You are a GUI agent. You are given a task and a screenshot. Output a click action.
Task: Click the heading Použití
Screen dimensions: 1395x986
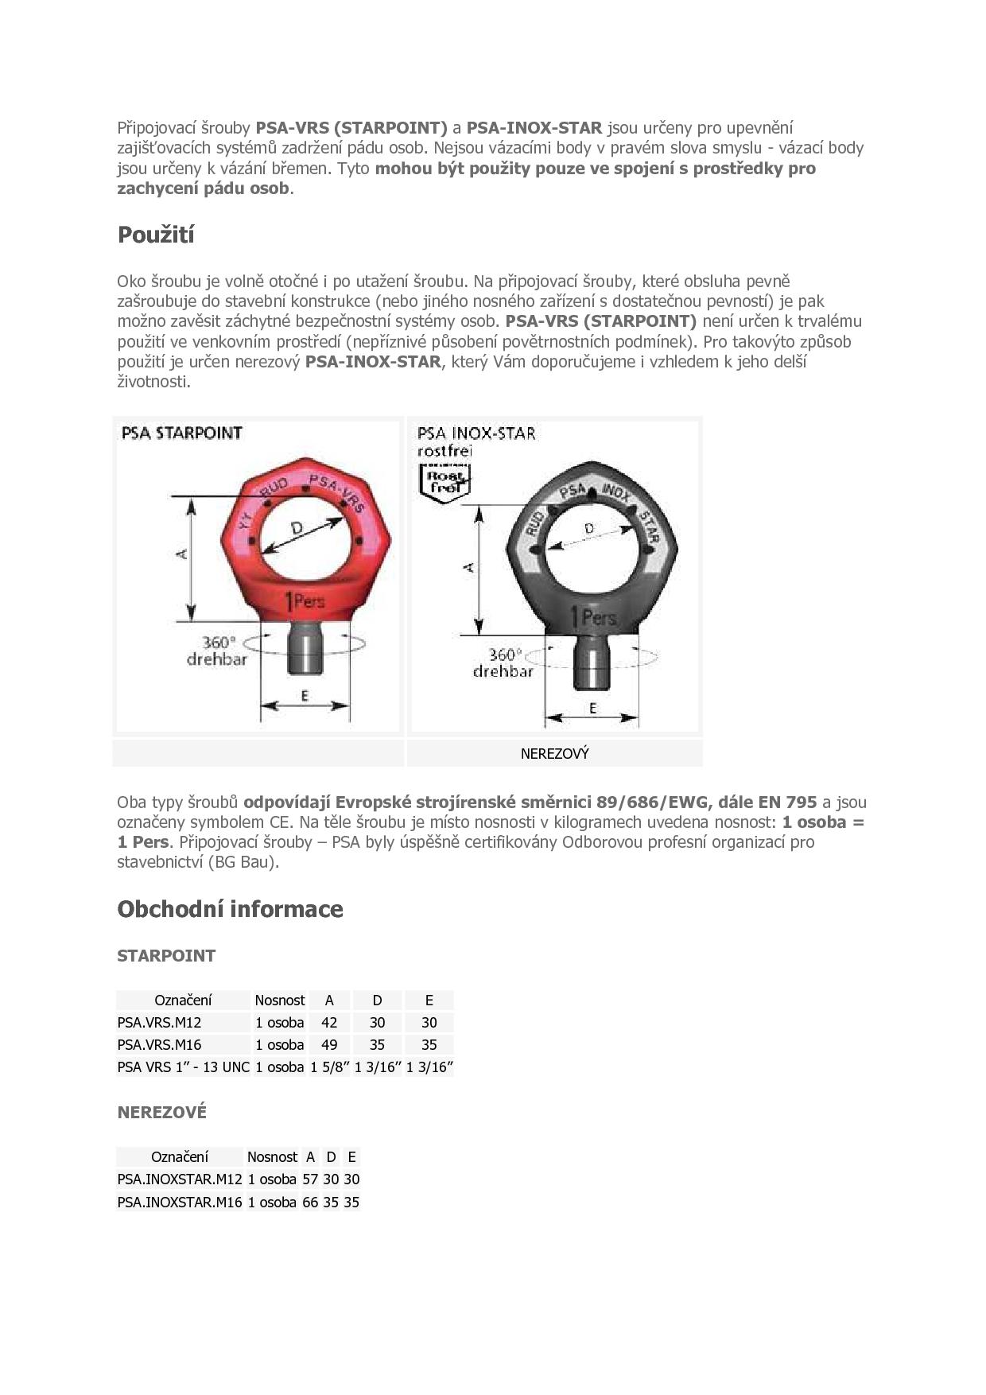pyautogui.click(x=156, y=235)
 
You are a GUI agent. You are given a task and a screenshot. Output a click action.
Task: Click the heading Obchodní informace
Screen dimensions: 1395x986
pyautogui.click(x=230, y=909)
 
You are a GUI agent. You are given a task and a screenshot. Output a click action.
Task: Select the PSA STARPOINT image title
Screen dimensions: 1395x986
pyautogui.click(x=181, y=433)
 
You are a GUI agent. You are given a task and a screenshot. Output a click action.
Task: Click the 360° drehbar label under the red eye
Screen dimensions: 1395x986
pyautogui.click(x=216, y=651)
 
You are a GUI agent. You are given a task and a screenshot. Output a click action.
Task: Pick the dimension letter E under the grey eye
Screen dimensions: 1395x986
pyautogui.click(x=592, y=708)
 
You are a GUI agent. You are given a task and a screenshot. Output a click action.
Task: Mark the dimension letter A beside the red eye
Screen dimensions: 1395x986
pyautogui.click(x=182, y=553)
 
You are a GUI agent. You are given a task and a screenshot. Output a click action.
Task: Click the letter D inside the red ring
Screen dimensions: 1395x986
pyautogui.click(x=297, y=528)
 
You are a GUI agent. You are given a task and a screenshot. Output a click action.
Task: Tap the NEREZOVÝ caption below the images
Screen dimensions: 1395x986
pyautogui.click(x=554, y=753)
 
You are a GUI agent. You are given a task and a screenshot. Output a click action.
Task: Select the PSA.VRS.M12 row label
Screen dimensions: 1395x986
pyautogui.click(x=159, y=1023)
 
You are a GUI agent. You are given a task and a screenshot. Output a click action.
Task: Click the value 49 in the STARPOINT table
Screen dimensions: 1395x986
pyautogui.click(x=329, y=1045)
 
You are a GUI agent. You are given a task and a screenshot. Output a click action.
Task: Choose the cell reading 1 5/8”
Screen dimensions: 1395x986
pyautogui.click(x=330, y=1067)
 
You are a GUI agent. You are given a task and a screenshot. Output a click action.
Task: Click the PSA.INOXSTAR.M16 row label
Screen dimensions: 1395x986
pyautogui.click(x=179, y=1202)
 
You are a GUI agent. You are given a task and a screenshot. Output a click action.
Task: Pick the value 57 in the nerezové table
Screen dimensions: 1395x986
pyautogui.click(x=310, y=1179)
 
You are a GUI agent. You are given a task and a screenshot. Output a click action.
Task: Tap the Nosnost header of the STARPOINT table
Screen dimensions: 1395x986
pyautogui.click(x=280, y=1001)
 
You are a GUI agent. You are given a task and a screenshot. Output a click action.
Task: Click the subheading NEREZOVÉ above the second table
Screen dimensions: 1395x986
pyautogui.click(x=161, y=1113)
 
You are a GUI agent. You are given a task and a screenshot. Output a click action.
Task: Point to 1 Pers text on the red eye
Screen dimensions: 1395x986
pyautogui.click(x=305, y=602)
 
